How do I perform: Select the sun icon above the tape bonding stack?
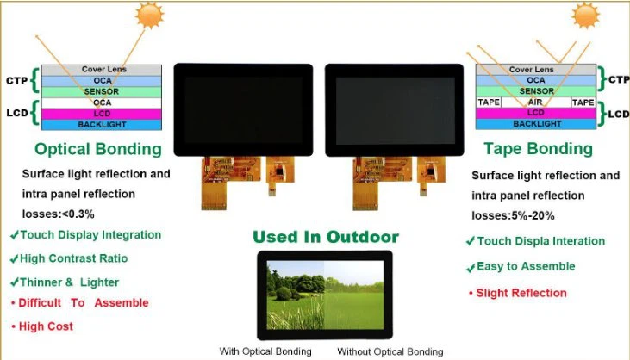586,15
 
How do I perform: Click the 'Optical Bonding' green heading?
98,149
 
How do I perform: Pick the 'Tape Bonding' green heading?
538,148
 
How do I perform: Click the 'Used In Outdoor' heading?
325,236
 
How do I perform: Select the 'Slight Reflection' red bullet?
517,293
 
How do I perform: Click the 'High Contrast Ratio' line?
68,258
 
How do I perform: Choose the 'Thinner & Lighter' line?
64,282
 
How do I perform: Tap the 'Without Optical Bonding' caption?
390,351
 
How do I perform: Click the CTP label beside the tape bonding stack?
618,80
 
